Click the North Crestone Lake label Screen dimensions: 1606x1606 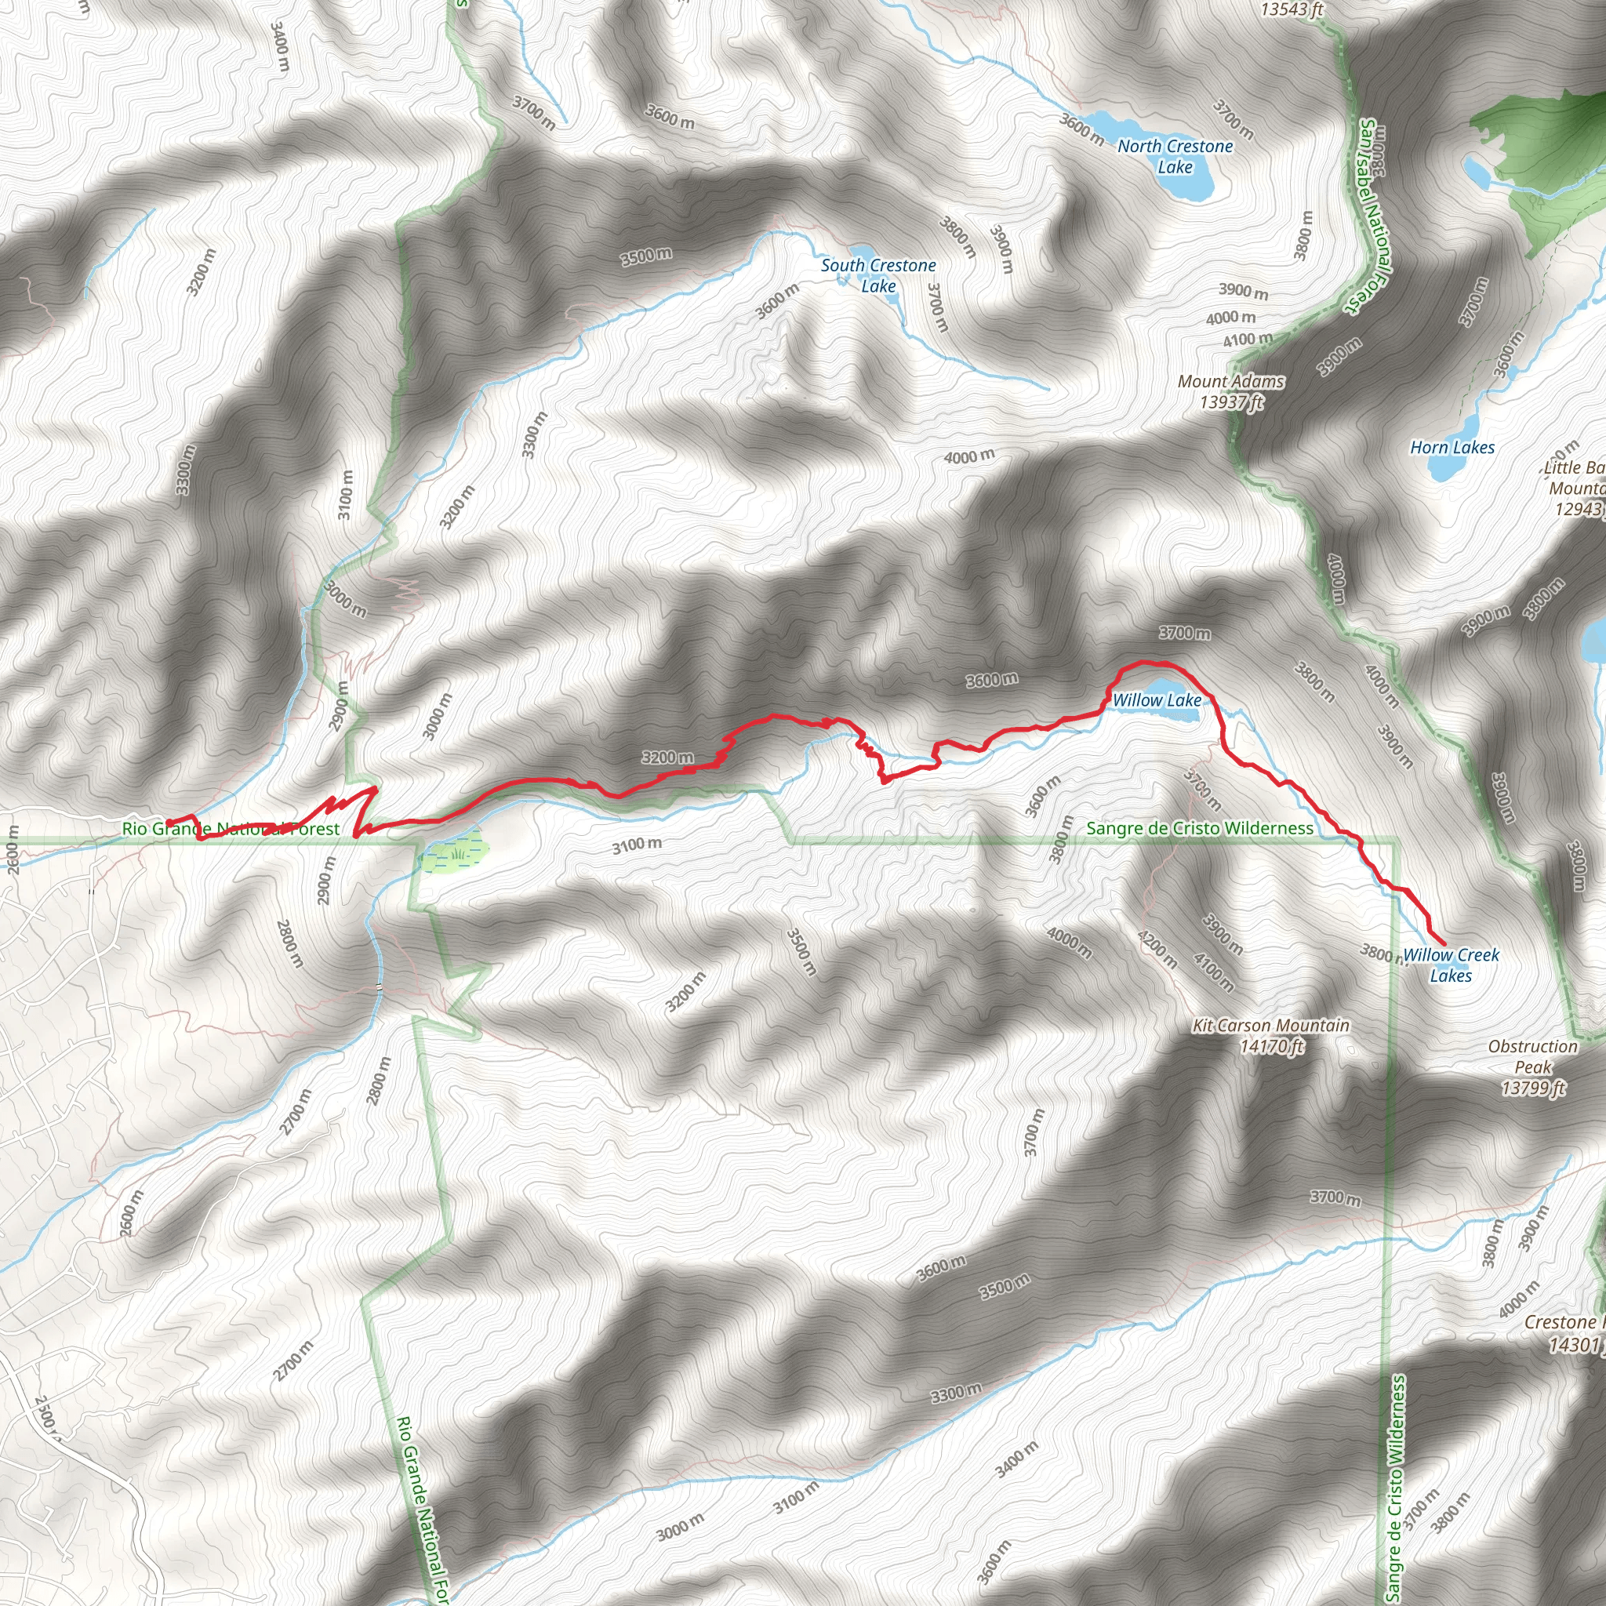click(x=1175, y=156)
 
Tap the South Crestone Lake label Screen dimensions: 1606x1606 click(x=877, y=275)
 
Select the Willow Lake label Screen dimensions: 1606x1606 click(x=1157, y=701)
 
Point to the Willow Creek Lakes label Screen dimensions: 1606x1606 click(x=1451, y=965)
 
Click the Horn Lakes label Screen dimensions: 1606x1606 click(x=1452, y=448)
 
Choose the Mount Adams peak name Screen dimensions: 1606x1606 click(x=1230, y=382)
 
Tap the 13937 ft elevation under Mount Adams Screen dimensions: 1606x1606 click(x=1231, y=402)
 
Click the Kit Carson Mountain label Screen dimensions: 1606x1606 click(x=1271, y=1026)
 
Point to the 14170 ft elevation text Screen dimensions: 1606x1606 click(x=1271, y=1047)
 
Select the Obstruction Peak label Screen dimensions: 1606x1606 click(x=1533, y=1056)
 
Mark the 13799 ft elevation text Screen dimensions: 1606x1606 click(x=1533, y=1088)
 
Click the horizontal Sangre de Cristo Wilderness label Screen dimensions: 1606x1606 click(x=1200, y=828)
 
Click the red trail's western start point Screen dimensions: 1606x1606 click(x=169, y=823)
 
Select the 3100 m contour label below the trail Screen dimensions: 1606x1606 click(x=637, y=845)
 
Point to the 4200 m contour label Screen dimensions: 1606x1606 click(x=1157, y=950)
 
